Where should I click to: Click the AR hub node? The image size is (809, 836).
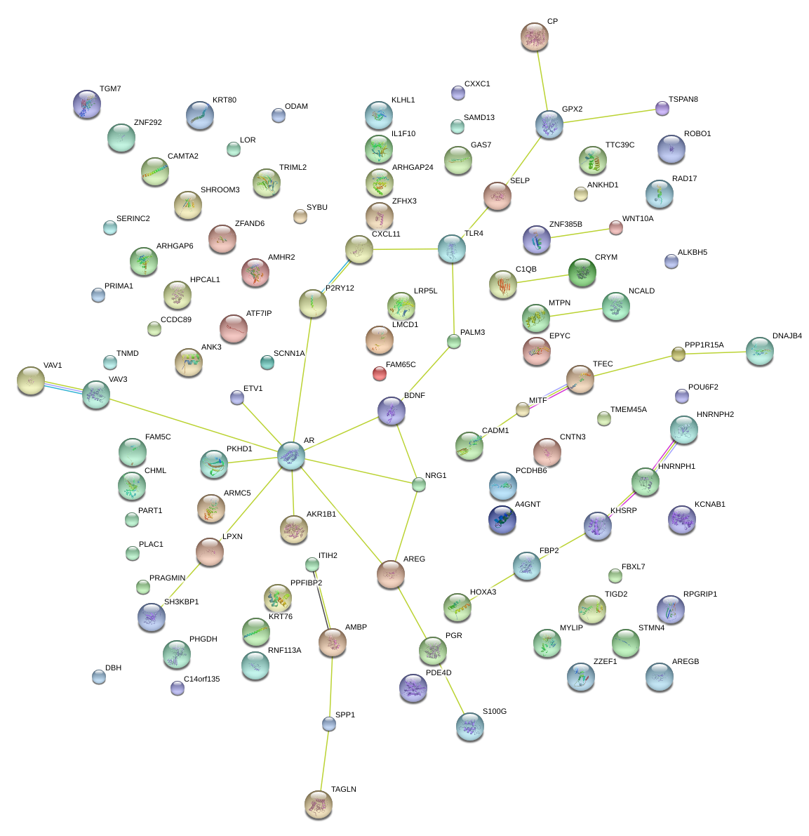291,456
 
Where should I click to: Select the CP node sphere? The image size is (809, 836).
535,37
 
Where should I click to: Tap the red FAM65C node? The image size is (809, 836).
380,373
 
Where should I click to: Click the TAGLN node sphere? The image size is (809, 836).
319,804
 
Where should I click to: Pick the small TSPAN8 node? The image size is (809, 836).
662,107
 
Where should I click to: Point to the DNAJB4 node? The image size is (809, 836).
759,351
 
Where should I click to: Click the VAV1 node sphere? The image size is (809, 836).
30,380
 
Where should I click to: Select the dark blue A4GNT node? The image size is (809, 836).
502,519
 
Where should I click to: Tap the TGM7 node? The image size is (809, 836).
87,104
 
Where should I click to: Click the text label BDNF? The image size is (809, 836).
415,396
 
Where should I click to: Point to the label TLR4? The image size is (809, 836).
474,234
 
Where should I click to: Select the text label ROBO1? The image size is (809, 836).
697,134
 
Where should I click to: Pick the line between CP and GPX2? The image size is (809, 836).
542,79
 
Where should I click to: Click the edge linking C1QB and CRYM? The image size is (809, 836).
542,279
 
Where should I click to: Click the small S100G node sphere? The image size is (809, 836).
469,727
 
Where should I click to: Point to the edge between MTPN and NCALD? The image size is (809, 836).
575,312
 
